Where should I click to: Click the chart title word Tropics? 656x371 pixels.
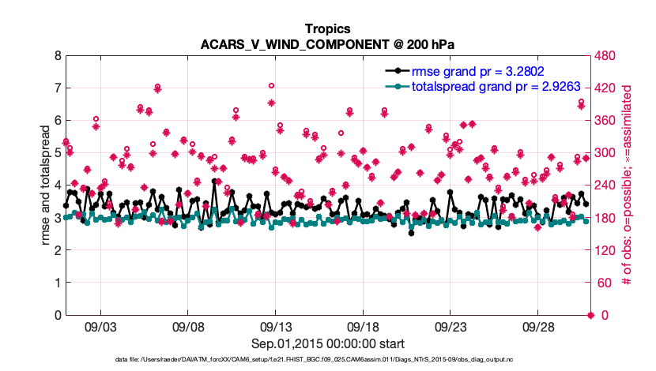[327, 29]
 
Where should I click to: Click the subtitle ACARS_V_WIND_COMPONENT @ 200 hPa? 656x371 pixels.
[327, 44]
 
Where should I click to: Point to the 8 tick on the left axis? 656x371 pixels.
[58, 56]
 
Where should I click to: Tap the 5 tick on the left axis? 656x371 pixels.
[58, 153]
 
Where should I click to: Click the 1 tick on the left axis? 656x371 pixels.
[58, 283]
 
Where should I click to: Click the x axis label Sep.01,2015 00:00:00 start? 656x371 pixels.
[327, 343]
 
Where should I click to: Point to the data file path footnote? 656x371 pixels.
[327, 360]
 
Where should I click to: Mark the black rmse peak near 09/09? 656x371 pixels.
[215, 181]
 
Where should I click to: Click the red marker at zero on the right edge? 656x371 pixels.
[586, 315]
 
